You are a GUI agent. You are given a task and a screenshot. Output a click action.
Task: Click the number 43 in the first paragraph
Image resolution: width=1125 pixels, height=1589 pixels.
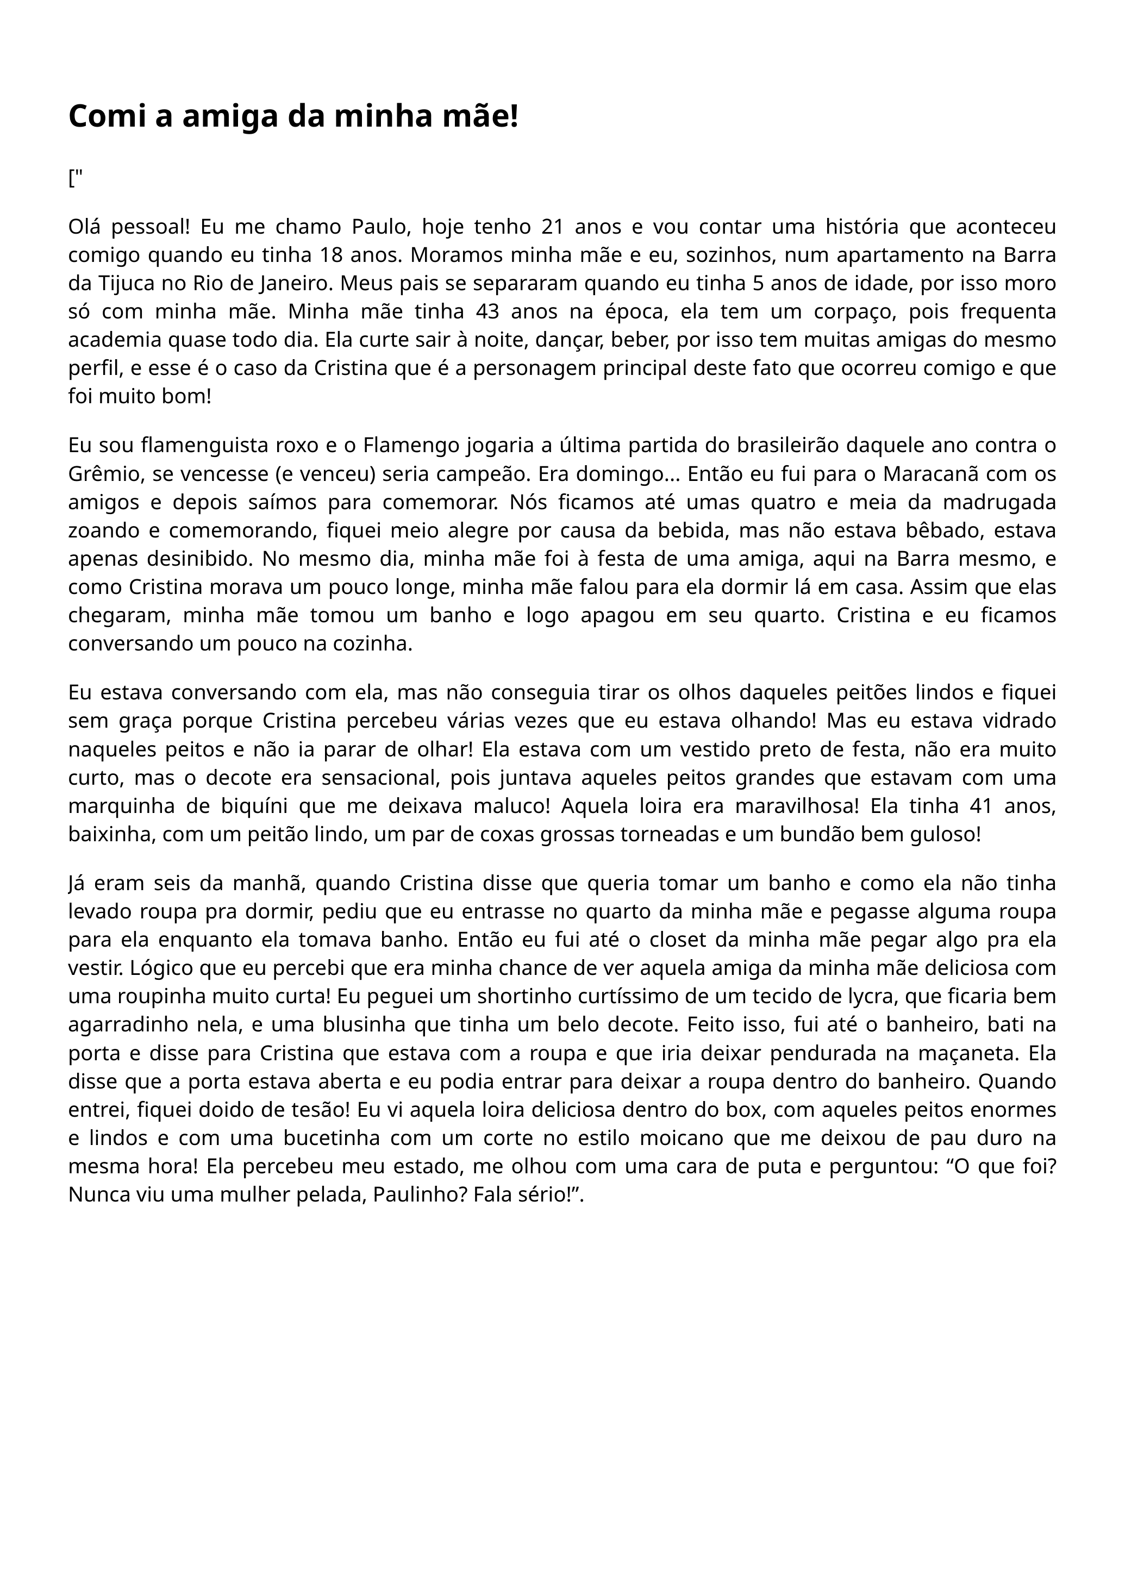pyautogui.click(x=489, y=312)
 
